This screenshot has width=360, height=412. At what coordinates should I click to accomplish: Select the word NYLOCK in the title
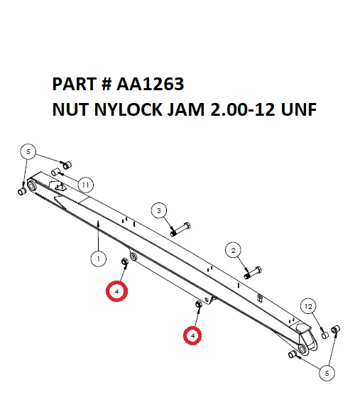click(x=121, y=110)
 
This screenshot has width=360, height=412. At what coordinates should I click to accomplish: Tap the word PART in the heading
click(x=73, y=85)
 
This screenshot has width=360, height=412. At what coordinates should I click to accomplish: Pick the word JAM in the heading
click(x=175, y=110)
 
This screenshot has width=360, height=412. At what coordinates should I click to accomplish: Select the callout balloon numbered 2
click(x=233, y=249)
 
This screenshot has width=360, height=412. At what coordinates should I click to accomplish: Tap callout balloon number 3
click(x=159, y=210)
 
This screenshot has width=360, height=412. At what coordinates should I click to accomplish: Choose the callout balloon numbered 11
click(x=84, y=185)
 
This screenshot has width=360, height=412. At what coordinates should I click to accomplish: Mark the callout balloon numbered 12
click(x=307, y=306)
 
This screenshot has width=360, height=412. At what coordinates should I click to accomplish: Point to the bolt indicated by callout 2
click(x=253, y=271)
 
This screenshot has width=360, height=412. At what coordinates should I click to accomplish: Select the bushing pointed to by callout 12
click(x=324, y=331)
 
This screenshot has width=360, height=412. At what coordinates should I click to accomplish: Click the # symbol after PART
click(x=105, y=85)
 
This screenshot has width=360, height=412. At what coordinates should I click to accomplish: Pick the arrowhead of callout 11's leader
click(x=62, y=173)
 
